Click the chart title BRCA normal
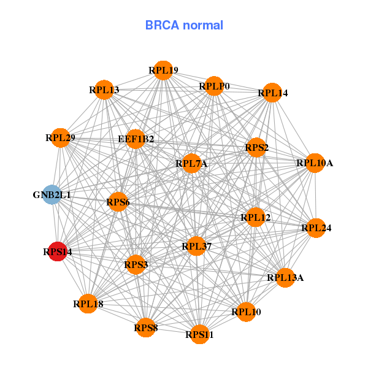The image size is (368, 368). coord(184,25)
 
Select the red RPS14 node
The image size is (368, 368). coord(57,251)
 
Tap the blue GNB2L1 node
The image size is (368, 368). coord(52,195)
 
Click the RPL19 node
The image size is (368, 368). coord(163,71)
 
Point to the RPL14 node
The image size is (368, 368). coord(272,93)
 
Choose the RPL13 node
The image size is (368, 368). coord(104,90)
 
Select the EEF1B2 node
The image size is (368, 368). coord(136,139)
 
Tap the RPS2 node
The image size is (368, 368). coord(256,147)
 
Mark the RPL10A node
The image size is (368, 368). coord(315,163)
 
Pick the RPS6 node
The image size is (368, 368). coord(117,202)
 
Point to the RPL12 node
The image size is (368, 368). coord(256,217)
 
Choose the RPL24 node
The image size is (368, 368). coord(316,228)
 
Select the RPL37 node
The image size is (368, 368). coord(196,247)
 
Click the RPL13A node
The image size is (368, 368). coord(285,278)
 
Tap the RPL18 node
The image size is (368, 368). coord(86,304)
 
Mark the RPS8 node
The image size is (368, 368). coord(146,328)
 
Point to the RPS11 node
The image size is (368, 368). coord(200,334)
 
